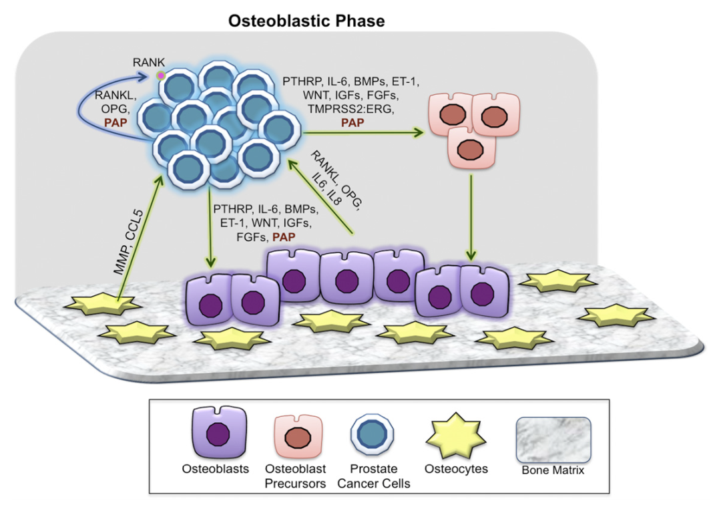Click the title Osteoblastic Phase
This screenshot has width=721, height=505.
click(306, 21)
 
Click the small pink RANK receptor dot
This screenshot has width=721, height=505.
click(160, 77)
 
